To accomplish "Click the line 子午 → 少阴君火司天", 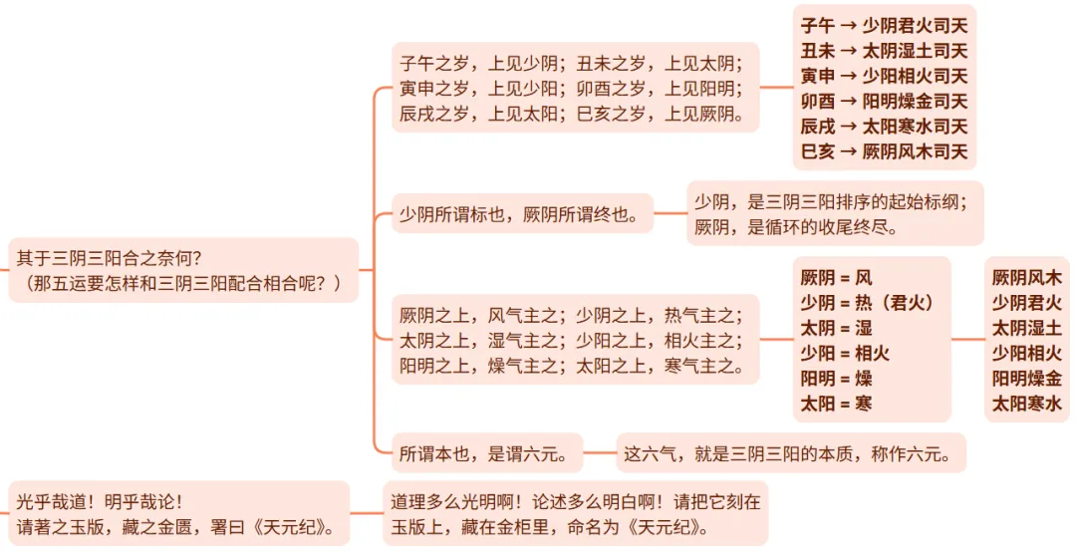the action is tap(884, 25).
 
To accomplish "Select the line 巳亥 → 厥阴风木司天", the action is tap(884, 151).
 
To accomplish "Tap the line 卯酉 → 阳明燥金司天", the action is tap(884, 101).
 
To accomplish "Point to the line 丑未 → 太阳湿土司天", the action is tap(884, 51).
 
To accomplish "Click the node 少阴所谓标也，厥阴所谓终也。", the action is tap(521, 213).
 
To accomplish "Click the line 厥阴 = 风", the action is tap(836, 277).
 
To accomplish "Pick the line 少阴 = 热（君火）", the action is tap(868, 302).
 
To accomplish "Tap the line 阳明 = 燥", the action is tap(837, 378).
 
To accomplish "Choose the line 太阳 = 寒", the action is tap(837, 404).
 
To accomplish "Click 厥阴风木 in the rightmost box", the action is tap(1027, 277).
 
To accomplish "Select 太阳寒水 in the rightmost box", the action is tap(1027, 404).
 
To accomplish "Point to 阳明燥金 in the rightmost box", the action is tap(1027, 378).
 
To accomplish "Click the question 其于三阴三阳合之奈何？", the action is tap(110, 258).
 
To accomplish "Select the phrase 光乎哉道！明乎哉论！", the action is tap(100, 501).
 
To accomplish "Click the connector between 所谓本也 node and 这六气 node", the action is tap(600, 454).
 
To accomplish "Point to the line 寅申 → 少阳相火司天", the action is tap(884, 76).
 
